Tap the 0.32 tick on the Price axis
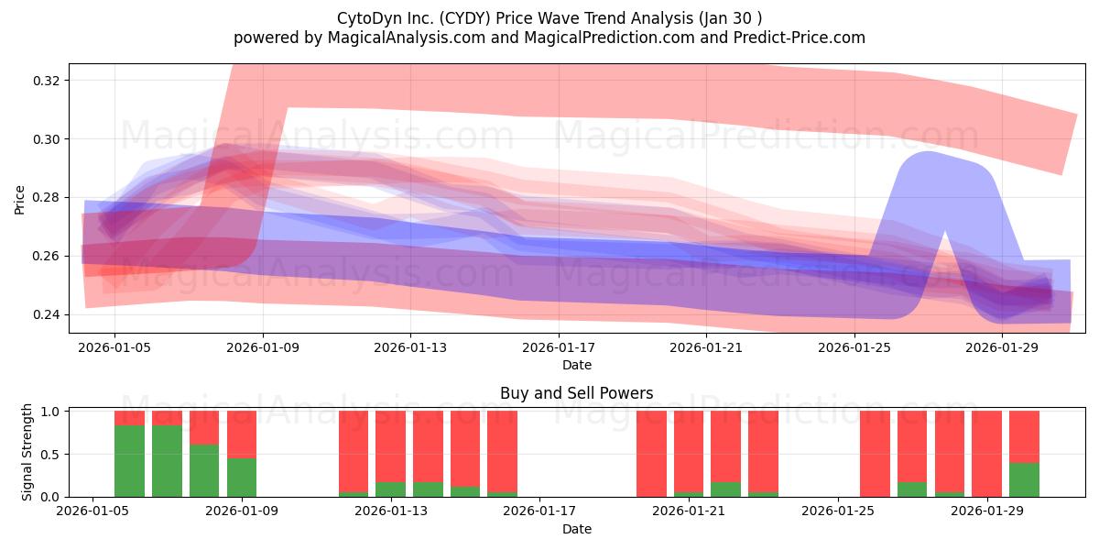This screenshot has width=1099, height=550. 47,81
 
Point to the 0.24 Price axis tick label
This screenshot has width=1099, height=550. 47,314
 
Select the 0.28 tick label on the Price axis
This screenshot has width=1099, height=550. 47,198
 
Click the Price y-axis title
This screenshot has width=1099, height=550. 19,200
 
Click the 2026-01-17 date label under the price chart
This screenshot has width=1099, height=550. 559,347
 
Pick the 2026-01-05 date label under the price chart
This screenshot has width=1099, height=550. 114,347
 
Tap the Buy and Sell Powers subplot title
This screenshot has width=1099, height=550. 576,393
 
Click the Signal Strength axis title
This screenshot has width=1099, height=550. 27,452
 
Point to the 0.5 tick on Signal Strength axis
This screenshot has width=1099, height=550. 51,455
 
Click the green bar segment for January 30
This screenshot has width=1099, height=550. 1025,479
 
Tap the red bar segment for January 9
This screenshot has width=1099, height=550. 242,434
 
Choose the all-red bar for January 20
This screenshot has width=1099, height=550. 651,454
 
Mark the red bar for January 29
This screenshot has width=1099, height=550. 986,454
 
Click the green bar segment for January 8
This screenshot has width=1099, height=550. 204,470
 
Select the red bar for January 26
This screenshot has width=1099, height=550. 875,454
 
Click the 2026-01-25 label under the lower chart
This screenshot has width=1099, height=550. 838,511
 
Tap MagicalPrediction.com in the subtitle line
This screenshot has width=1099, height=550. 609,38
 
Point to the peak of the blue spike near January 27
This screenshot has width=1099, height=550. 929,152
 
